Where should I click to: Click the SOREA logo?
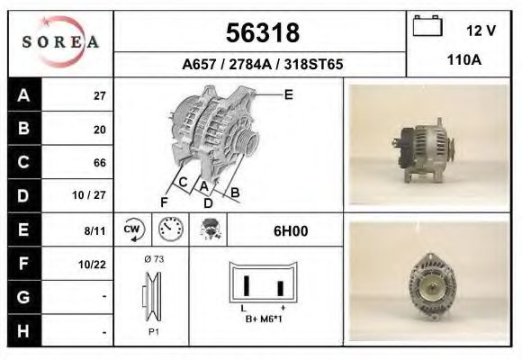coord(60,42)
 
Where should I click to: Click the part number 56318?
coord(261,33)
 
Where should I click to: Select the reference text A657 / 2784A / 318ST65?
coord(262,65)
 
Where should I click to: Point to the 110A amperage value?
coord(463,60)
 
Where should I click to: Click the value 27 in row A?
coord(99,96)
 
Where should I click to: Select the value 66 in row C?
coord(99,164)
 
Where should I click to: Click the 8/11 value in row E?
coord(95,231)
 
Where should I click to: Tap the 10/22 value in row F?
coord(94,265)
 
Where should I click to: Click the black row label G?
coord(23,297)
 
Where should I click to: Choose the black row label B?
coord(23,129)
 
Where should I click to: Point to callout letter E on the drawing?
coord(288,94)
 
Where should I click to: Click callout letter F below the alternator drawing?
coord(164,201)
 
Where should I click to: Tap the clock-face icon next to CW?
coord(171,230)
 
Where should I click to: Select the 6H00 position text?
coord(290,231)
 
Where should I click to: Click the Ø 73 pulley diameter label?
coord(153,259)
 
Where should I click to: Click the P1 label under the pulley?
coord(153,330)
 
